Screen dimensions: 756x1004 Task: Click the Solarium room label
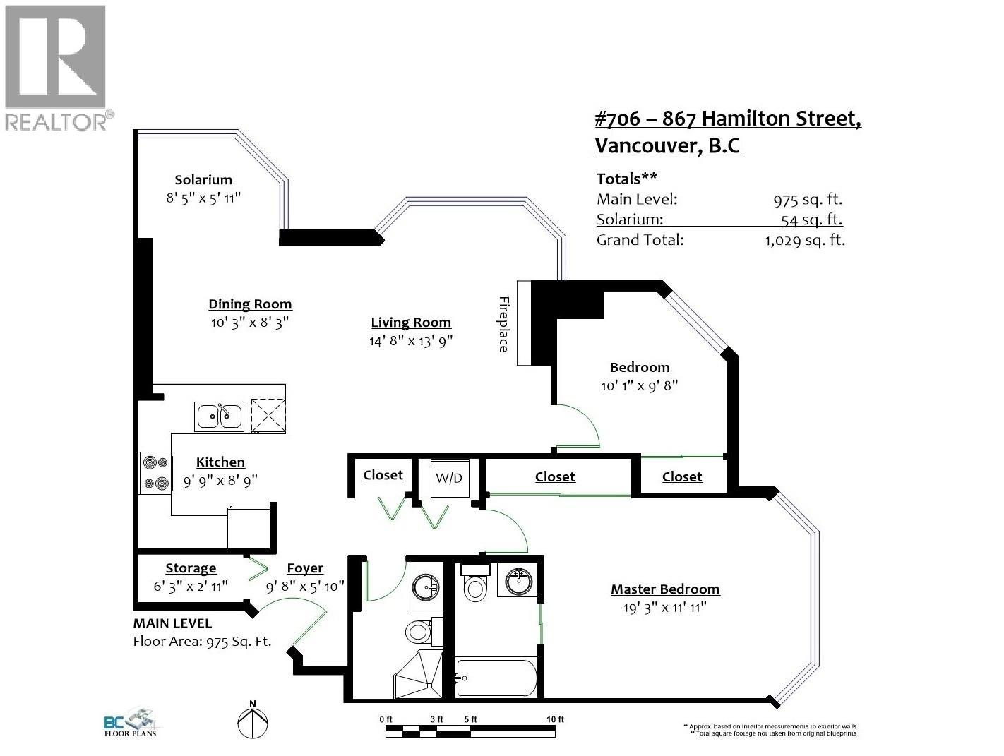click(203, 180)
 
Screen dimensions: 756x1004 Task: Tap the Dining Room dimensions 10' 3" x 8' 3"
click(250, 323)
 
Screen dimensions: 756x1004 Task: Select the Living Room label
click(411, 323)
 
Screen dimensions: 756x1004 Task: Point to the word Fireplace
click(503, 324)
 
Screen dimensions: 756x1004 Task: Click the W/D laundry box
click(448, 479)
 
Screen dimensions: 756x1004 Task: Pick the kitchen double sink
click(220, 416)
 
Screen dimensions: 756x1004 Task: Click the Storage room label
click(191, 568)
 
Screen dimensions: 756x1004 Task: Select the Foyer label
click(305, 568)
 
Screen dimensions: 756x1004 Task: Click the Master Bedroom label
click(665, 589)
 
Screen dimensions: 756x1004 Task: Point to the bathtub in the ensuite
click(496, 678)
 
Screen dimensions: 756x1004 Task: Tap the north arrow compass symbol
click(253, 722)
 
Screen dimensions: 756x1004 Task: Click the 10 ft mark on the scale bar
click(556, 719)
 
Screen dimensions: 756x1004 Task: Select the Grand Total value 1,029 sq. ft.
click(804, 240)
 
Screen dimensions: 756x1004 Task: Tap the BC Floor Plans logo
click(131, 724)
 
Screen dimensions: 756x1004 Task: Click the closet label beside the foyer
click(383, 475)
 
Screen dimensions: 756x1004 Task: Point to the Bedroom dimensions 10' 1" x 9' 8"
click(640, 386)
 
